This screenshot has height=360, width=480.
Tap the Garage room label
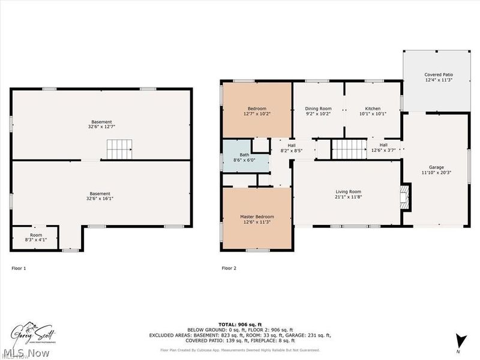coord(436,170)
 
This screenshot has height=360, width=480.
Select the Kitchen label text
coord(373,111)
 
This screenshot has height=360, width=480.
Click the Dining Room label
coord(318,111)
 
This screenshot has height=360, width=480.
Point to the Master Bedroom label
coord(257,219)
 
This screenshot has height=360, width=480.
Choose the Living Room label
coord(348,194)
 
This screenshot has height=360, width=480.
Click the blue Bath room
coord(236,157)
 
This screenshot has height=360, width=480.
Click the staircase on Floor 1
coord(119,149)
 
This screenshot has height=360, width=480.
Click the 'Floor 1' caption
coord(19,268)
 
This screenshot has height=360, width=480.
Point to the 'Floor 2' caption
coord(229,268)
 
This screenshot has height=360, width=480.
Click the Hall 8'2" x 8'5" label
coord(291,148)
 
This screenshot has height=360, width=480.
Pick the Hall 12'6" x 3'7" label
coord(383,148)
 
